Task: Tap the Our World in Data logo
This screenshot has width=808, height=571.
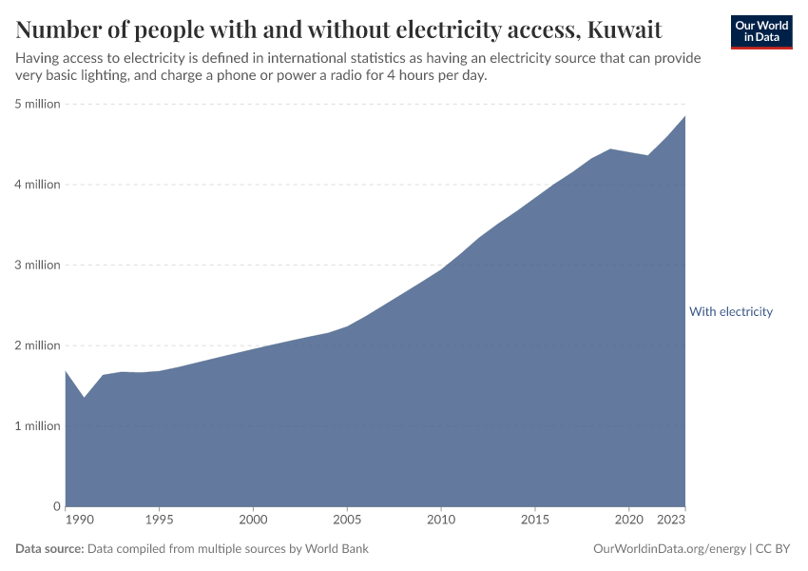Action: [761, 31]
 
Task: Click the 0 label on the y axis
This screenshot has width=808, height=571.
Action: [57, 506]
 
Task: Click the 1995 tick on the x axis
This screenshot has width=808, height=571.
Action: [159, 521]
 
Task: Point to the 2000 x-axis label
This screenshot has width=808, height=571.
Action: [253, 521]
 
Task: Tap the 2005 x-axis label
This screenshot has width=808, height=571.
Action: [347, 521]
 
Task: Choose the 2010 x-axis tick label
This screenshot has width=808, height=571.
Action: [440, 521]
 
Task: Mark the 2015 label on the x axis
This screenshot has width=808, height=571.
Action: [534, 521]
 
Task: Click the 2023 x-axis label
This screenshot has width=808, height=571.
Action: [672, 521]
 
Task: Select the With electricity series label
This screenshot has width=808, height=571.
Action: [730, 311]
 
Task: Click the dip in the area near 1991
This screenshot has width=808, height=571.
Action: [84, 397]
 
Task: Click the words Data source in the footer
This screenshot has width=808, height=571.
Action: [49, 549]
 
